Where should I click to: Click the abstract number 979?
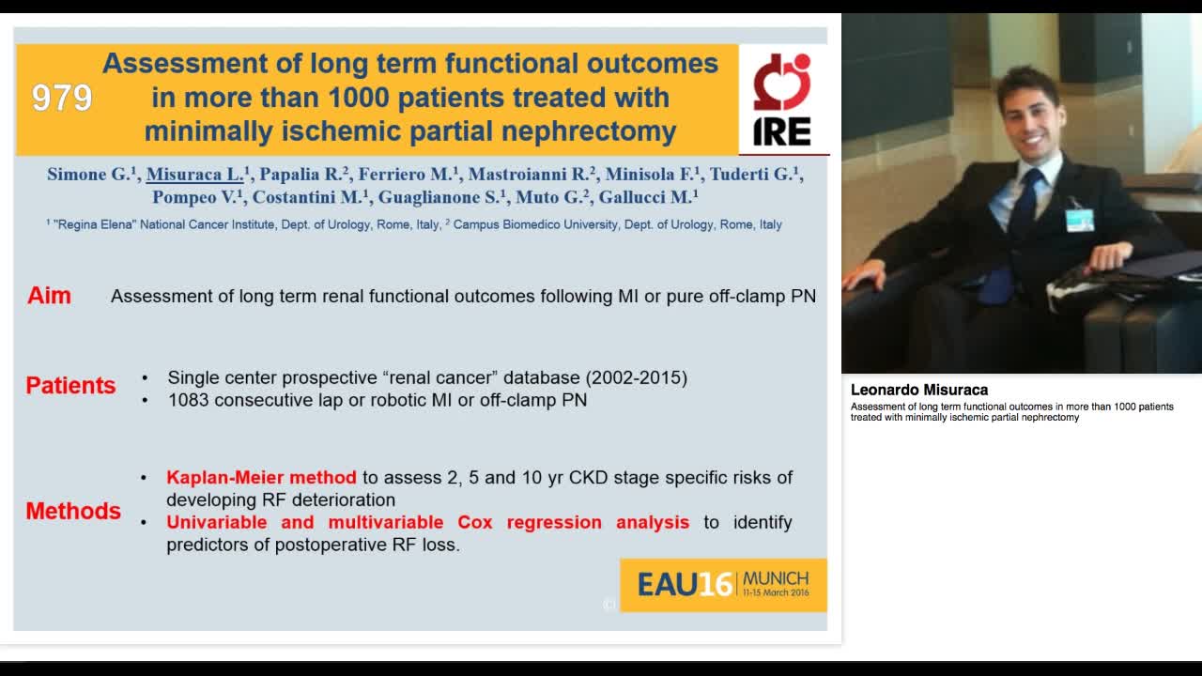click(62, 98)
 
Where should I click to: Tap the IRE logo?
click(782, 100)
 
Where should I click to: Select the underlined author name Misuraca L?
click(195, 174)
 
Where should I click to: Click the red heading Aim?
click(49, 296)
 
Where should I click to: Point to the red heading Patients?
click(70, 386)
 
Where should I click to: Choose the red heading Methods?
click(73, 511)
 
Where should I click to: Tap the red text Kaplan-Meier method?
click(261, 477)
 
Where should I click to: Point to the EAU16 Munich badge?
click(723, 585)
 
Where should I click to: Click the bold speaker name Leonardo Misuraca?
click(918, 390)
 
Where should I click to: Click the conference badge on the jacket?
click(1079, 219)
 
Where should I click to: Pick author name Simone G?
click(92, 174)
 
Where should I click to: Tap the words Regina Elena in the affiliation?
click(94, 225)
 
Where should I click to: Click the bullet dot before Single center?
click(145, 378)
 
